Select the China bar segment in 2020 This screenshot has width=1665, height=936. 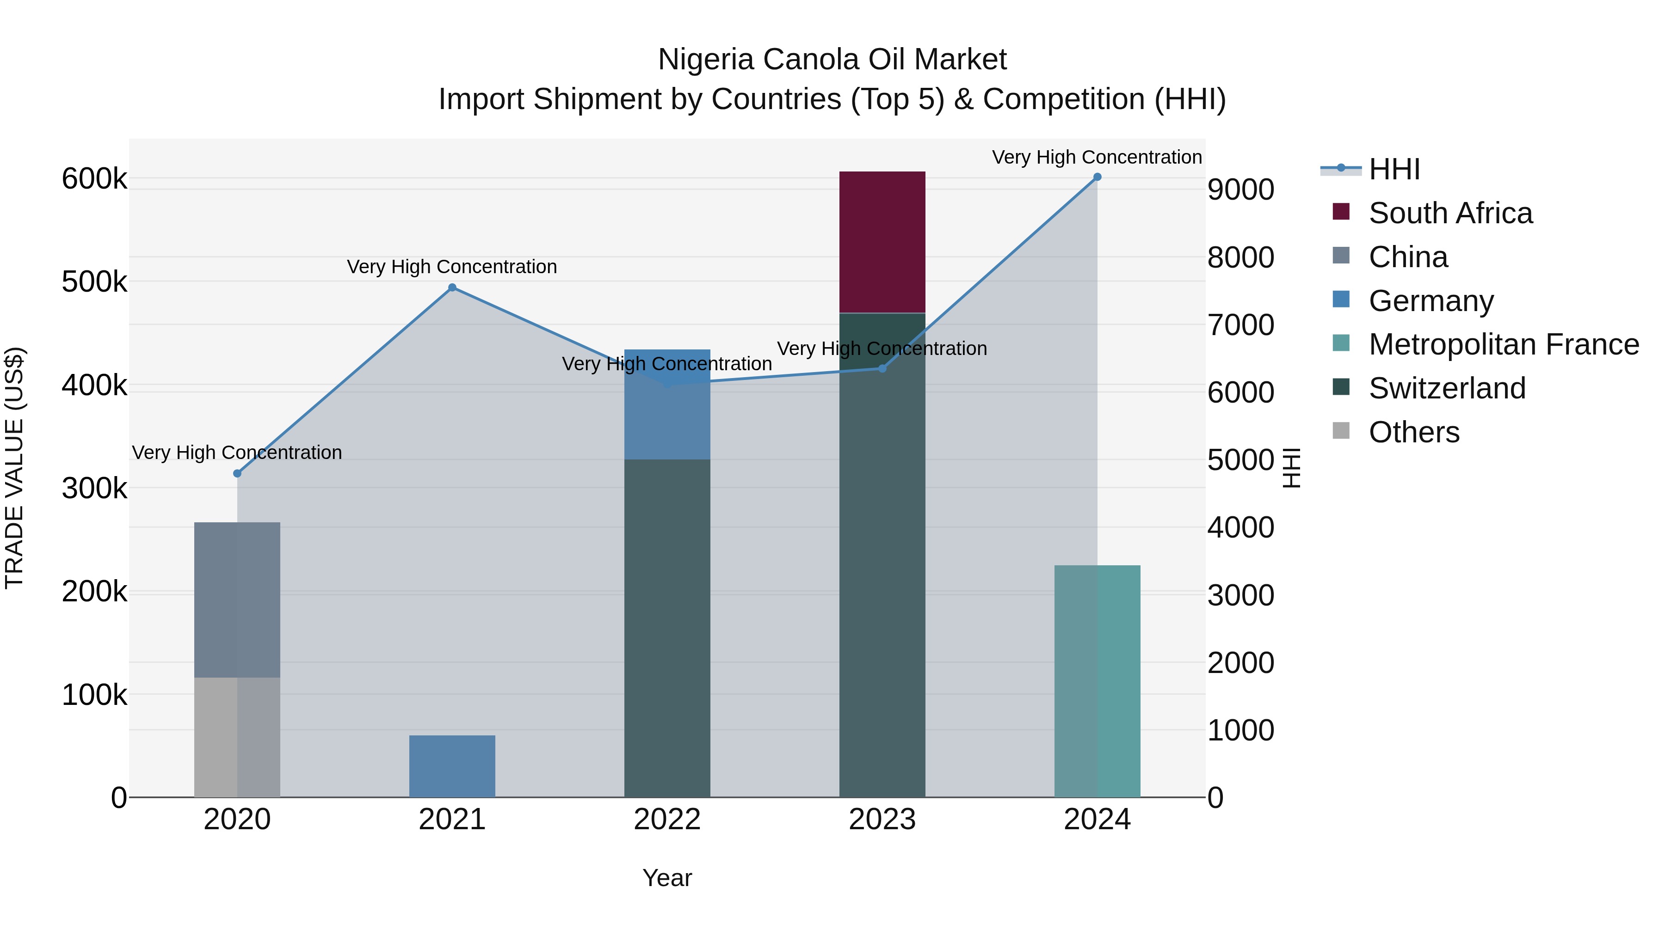[237, 600]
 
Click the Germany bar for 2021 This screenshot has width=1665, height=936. [452, 766]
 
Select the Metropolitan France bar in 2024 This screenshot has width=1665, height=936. [1097, 681]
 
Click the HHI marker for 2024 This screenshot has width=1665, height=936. [1097, 177]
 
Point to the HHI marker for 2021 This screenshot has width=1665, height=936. [452, 288]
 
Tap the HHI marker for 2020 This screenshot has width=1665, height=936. [237, 473]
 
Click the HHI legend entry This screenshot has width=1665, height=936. [1394, 169]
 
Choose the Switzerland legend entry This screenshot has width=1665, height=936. [1447, 388]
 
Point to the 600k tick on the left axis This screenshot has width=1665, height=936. [94, 179]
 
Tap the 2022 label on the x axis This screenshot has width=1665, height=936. [667, 820]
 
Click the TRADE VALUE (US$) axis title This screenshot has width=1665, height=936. [14, 468]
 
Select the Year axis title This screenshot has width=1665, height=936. [667, 878]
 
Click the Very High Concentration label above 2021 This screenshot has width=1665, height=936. [452, 267]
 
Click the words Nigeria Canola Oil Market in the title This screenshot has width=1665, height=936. [832, 60]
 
